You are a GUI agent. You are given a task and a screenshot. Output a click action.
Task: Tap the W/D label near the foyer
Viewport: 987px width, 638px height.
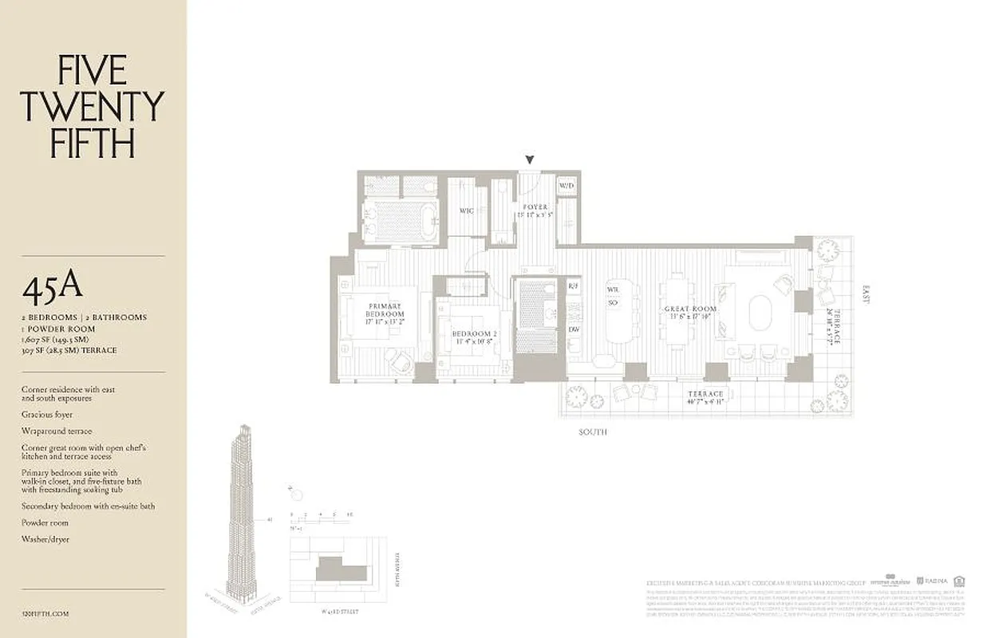[567, 186]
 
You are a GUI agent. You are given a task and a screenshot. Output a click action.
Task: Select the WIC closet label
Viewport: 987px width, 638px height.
[467, 211]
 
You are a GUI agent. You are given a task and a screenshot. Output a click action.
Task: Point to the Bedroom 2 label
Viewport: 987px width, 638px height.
[474, 337]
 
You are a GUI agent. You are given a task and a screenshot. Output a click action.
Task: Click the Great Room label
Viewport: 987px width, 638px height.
[690, 313]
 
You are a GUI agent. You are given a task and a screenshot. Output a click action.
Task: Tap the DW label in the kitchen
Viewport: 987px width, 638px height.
[573, 329]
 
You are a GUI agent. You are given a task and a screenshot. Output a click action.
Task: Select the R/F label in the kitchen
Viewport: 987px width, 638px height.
[573, 286]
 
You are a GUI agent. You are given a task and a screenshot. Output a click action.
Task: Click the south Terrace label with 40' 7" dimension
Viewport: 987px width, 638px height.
[705, 398]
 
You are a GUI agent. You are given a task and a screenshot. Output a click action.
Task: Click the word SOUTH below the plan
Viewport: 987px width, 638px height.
[593, 432]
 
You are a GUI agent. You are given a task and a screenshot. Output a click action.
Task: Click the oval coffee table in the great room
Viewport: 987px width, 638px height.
[760, 312]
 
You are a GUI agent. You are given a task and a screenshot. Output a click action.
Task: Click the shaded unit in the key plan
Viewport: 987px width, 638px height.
[342, 571]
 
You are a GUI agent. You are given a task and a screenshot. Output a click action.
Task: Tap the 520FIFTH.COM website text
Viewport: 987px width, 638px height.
[46, 614]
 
